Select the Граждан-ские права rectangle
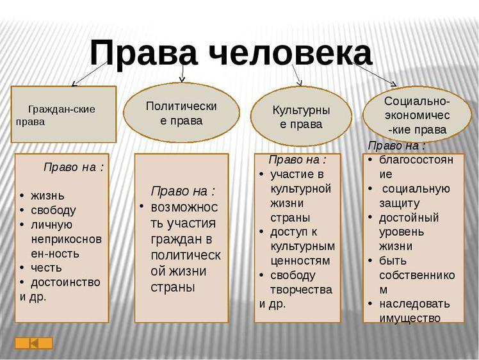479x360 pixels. pyautogui.click(x=64, y=114)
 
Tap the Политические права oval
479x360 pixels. pyautogui.click(x=181, y=113)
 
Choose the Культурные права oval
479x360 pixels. pyautogui.click(x=301, y=117)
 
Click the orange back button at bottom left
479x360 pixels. pyautogui.click(x=34, y=343)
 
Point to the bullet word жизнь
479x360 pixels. pyautogui.click(x=47, y=195)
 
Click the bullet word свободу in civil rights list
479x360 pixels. pyautogui.click(x=53, y=209)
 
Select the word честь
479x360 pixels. pyautogui.click(x=47, y=267)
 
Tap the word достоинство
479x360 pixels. pyautogui.click(x=66, y=282)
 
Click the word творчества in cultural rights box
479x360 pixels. pyautogui.click(x=302, y=290)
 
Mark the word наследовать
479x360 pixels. pyautogui.click(x=414, y=303)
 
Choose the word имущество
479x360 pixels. pyautogui.click(x=410, y=317)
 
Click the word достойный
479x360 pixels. pyautogui.click(x=409, y=217)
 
